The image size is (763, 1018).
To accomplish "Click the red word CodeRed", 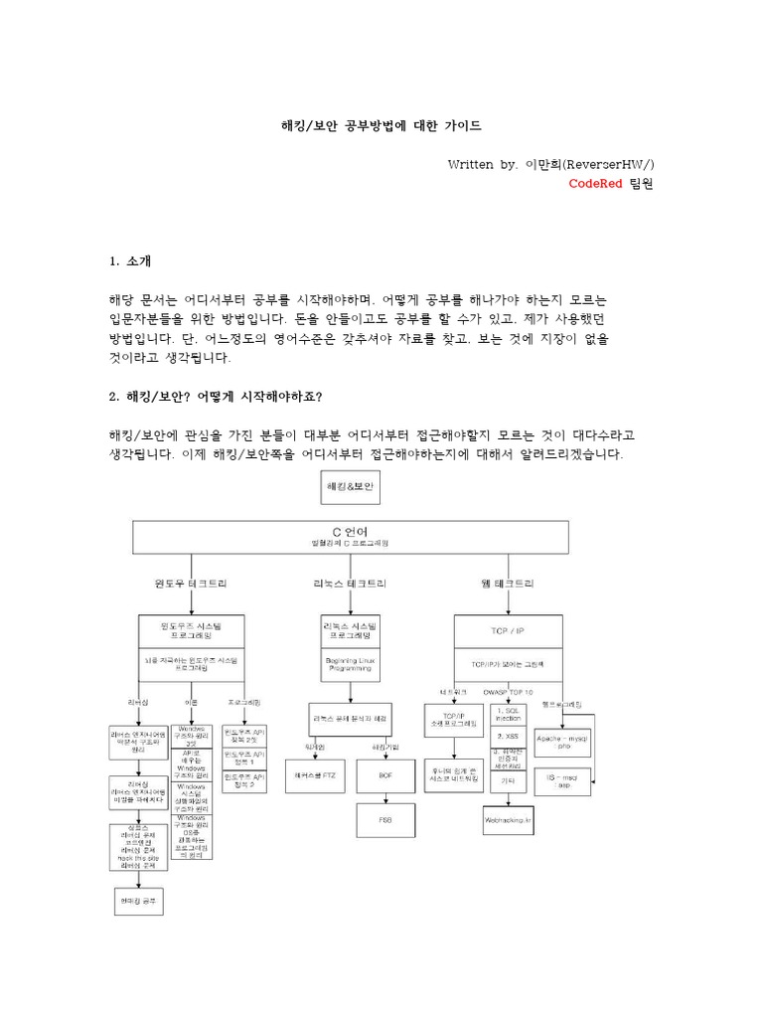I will [x=595, y=184].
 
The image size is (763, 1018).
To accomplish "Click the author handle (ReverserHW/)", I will [x=608, y=164].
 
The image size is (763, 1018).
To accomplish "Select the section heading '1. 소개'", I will [x=130, y=261].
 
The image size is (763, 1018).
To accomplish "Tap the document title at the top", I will [x=380, y=126].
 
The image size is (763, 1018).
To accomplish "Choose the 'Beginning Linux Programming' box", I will [x=349, y=664].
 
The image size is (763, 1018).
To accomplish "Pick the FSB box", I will [x=386, y=819].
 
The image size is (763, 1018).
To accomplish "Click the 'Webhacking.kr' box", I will [x=508, y=822].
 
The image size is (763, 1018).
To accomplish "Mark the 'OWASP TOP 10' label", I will [x=507, y=691].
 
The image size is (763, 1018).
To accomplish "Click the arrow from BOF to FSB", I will [x=386, y=792].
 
